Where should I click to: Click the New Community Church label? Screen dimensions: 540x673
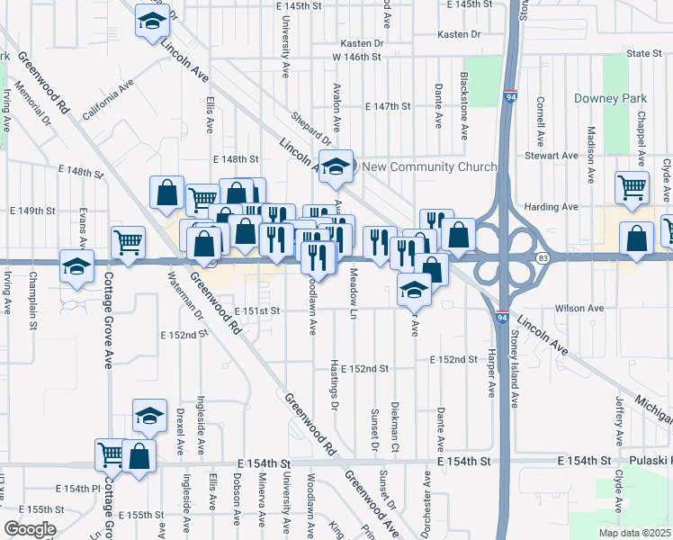pos(429,166)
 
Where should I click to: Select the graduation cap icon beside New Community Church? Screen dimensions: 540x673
pos(336,166)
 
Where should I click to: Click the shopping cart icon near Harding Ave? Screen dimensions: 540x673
pos(633,187)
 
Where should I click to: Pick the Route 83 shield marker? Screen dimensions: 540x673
pos(543,259)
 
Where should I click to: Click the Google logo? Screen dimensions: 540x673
pos(30,529)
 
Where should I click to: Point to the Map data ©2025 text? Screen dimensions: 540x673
pos(634,533)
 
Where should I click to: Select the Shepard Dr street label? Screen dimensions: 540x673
pos(311,127)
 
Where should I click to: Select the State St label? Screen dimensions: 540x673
pos(644,54)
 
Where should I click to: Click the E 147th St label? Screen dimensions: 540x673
pos(388,106)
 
